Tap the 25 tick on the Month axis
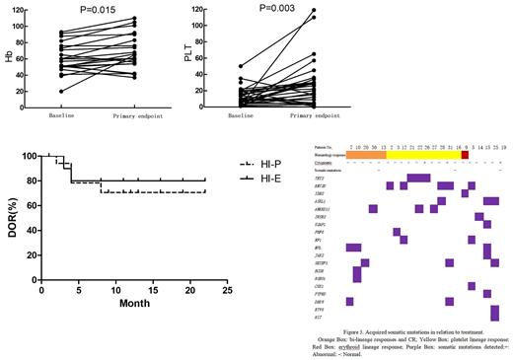[x=228, y=292]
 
